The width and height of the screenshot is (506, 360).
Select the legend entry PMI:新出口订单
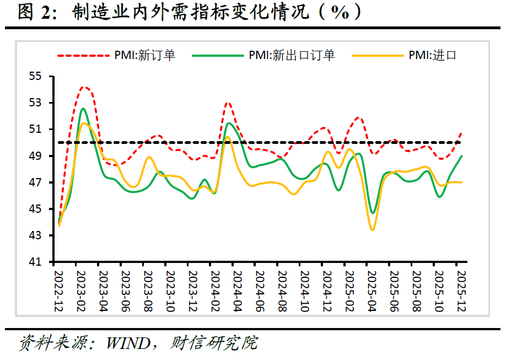coord(292,55)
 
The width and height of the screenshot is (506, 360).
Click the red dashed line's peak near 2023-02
coord(84,87)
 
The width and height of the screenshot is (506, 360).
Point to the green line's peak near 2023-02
coord(83,109)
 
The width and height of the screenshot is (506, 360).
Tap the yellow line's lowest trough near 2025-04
coord(373,230)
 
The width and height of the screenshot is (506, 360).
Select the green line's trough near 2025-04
coord(373,213)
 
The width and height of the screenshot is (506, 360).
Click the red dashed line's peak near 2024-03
coord(228,103)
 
